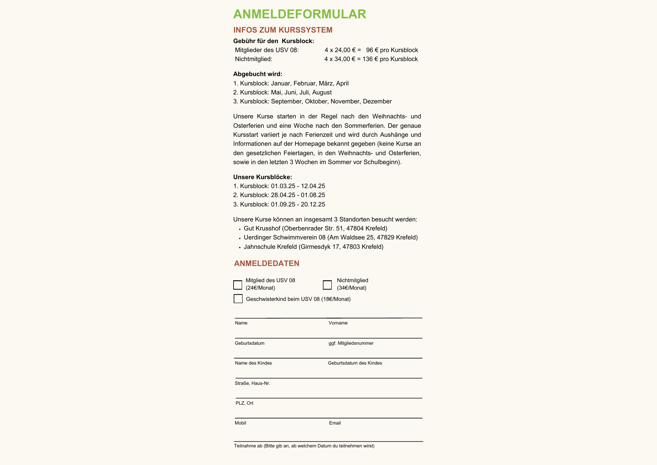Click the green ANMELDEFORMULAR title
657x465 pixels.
(299, 14)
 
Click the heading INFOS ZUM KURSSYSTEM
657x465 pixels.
(283, 30)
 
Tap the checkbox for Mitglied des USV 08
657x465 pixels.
(238, 285)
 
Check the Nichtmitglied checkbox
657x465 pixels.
(327, 285)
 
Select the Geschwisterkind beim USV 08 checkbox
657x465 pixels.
(238, 299)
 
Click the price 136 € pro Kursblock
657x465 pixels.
(390, 59)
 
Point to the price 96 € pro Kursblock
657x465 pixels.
(392, 50)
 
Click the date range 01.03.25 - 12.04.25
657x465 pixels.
(298, 186)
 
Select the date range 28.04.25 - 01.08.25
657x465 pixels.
(298, 195)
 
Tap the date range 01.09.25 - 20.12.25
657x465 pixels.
(298, 205)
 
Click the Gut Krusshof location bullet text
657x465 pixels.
(315, 229)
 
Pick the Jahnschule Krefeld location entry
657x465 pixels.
(313, 247)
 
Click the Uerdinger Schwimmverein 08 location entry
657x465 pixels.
(331, 238)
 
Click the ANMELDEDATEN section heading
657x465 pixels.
(267, 263)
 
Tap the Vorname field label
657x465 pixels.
(338, 323)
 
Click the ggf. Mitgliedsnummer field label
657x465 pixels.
(351, 343)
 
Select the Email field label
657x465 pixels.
(335, 423)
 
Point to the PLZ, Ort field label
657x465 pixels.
(244, 403)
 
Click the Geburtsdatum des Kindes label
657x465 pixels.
(355, 363)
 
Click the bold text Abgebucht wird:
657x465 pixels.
(258, 74)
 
